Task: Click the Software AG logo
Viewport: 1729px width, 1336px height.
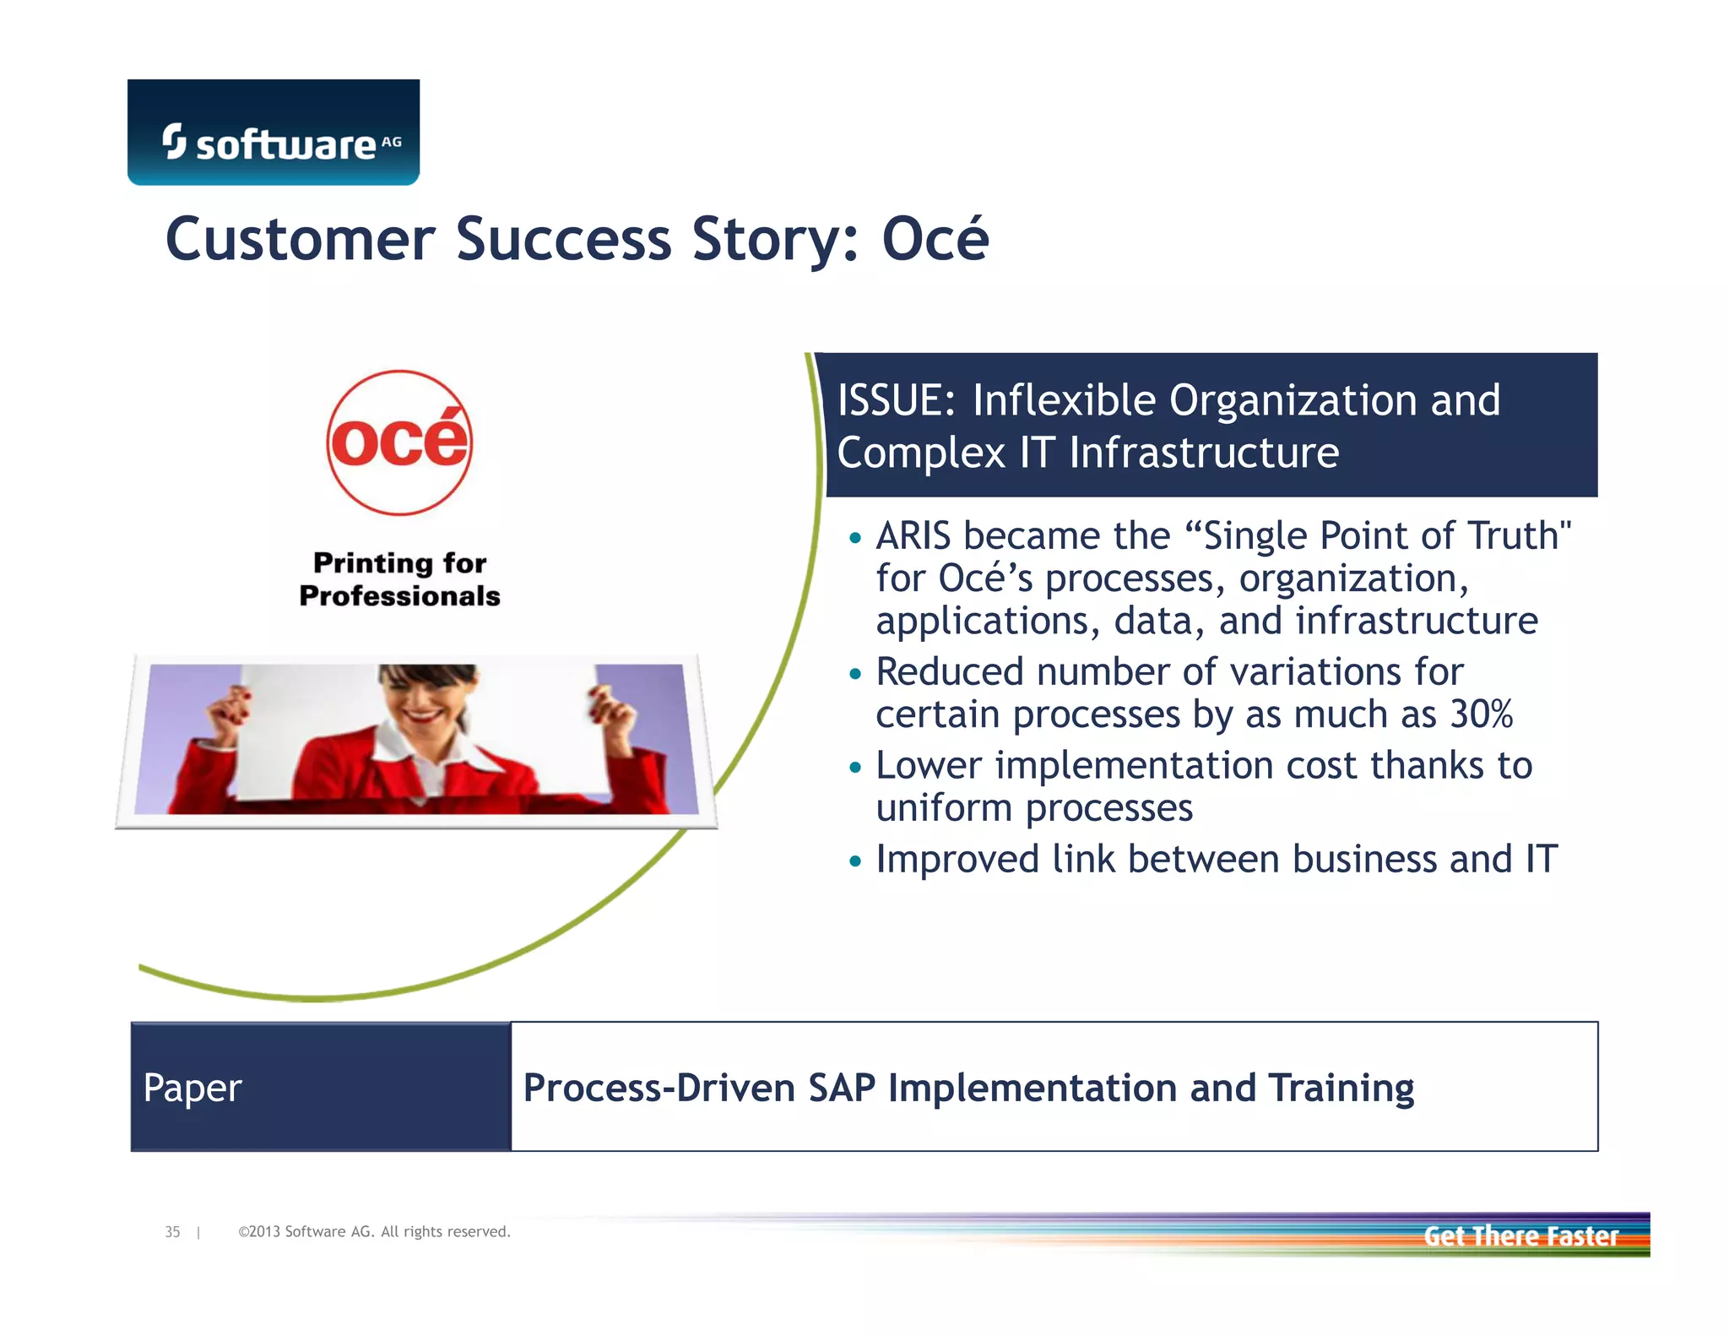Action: click(274, 133)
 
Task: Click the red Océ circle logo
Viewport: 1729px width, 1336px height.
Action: click(399, 443)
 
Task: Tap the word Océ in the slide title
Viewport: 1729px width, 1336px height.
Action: click(935, 239)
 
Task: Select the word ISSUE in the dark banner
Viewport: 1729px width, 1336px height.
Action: click(895, 400)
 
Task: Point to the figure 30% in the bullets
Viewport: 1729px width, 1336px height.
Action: click(1481, 714)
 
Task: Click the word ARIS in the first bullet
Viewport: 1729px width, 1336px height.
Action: click(913, 536)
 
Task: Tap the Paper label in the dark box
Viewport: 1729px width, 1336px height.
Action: click(192, 1088)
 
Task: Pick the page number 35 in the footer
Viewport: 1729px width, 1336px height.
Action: click(172, 1232)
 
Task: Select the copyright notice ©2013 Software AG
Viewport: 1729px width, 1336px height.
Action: click(374, 1232)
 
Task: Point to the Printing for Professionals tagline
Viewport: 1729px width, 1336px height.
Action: click(399, 579)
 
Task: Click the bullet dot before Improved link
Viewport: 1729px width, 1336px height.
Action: click(855, 861)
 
